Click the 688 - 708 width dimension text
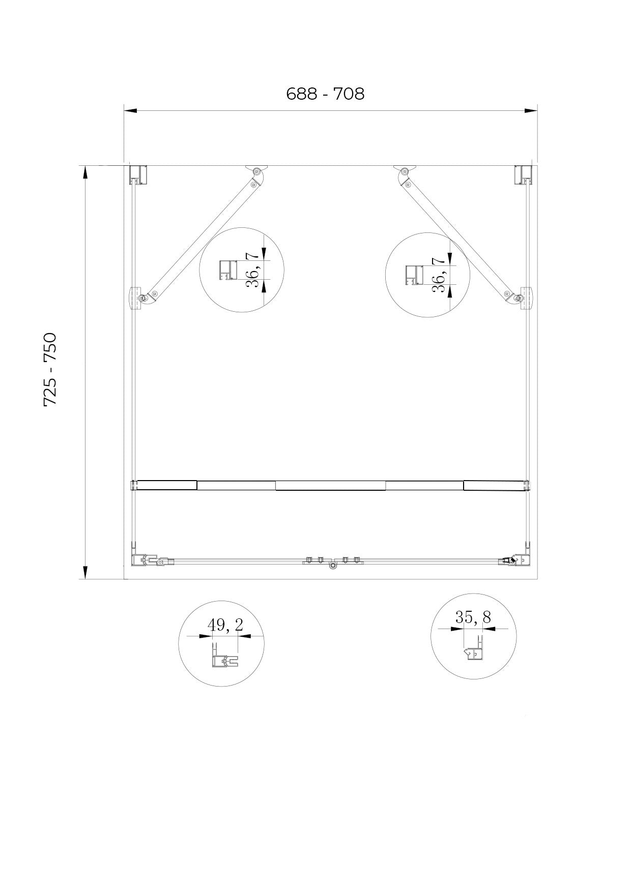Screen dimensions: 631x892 (x=325, y=94)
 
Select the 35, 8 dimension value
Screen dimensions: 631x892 (x=473, y=617)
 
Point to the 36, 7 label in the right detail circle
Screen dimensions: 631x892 (x=439, y=275)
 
